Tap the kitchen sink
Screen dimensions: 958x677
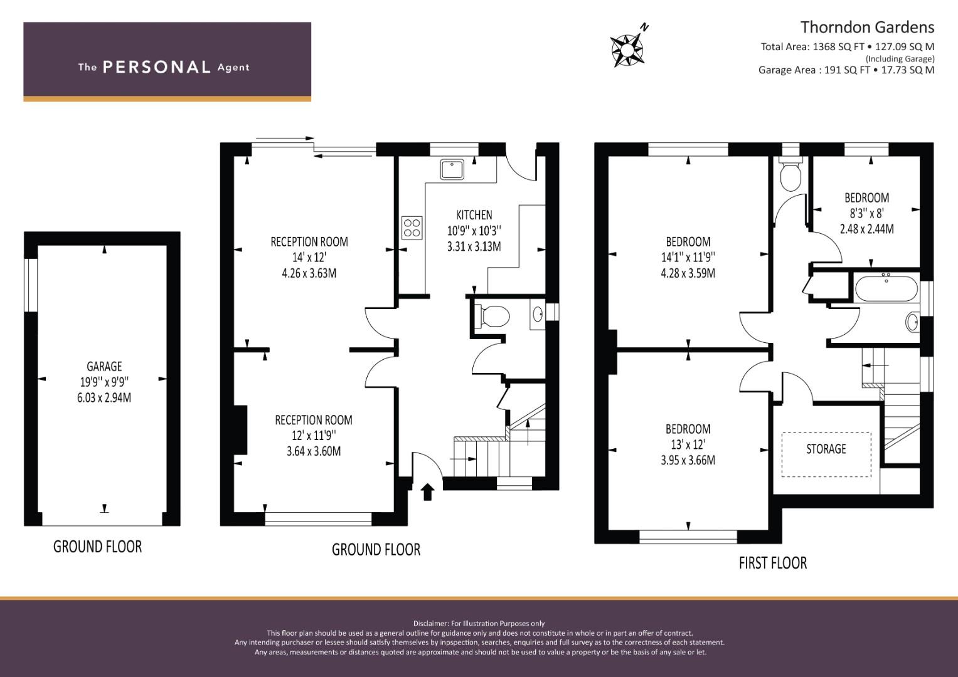(x=452, y=170)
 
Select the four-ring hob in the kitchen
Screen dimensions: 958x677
(x=412, y=228)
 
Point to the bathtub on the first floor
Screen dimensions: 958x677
(x=886, y=289)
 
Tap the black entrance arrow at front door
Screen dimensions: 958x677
(x=428, y=491)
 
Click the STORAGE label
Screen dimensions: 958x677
(x=826, y=449)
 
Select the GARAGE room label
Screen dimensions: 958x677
(x=104, y=366)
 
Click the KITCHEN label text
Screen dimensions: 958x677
(x=474, y=215)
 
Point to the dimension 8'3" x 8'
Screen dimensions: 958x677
(x=867, y=213)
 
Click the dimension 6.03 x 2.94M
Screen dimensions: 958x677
(x=104, y=397)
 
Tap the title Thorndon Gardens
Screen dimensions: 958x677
(x=867, y=28)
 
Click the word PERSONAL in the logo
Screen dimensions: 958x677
(x=157, y=67)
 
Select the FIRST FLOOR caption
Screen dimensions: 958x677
(x=773, y=563)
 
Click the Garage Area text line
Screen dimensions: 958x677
(x=846, y=70)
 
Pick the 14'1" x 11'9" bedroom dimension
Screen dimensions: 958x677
(x=688, y=257)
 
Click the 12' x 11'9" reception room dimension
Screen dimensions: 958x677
(x=314, y=436)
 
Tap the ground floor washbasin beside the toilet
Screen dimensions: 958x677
(x=538, y=315)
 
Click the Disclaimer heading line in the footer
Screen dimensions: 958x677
(x=479, y=624)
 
